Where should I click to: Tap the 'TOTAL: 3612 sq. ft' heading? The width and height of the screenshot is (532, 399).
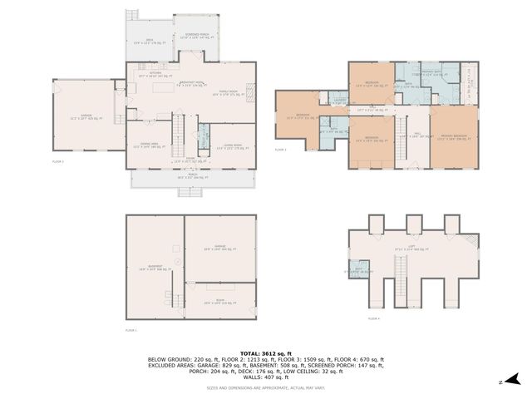[x=265, y=353]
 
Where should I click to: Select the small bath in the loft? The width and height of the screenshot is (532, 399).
[x=359, y=271]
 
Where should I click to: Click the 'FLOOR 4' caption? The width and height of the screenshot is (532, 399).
[x=373, y=318]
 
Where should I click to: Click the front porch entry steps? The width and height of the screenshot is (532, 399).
[x=188, y=192]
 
